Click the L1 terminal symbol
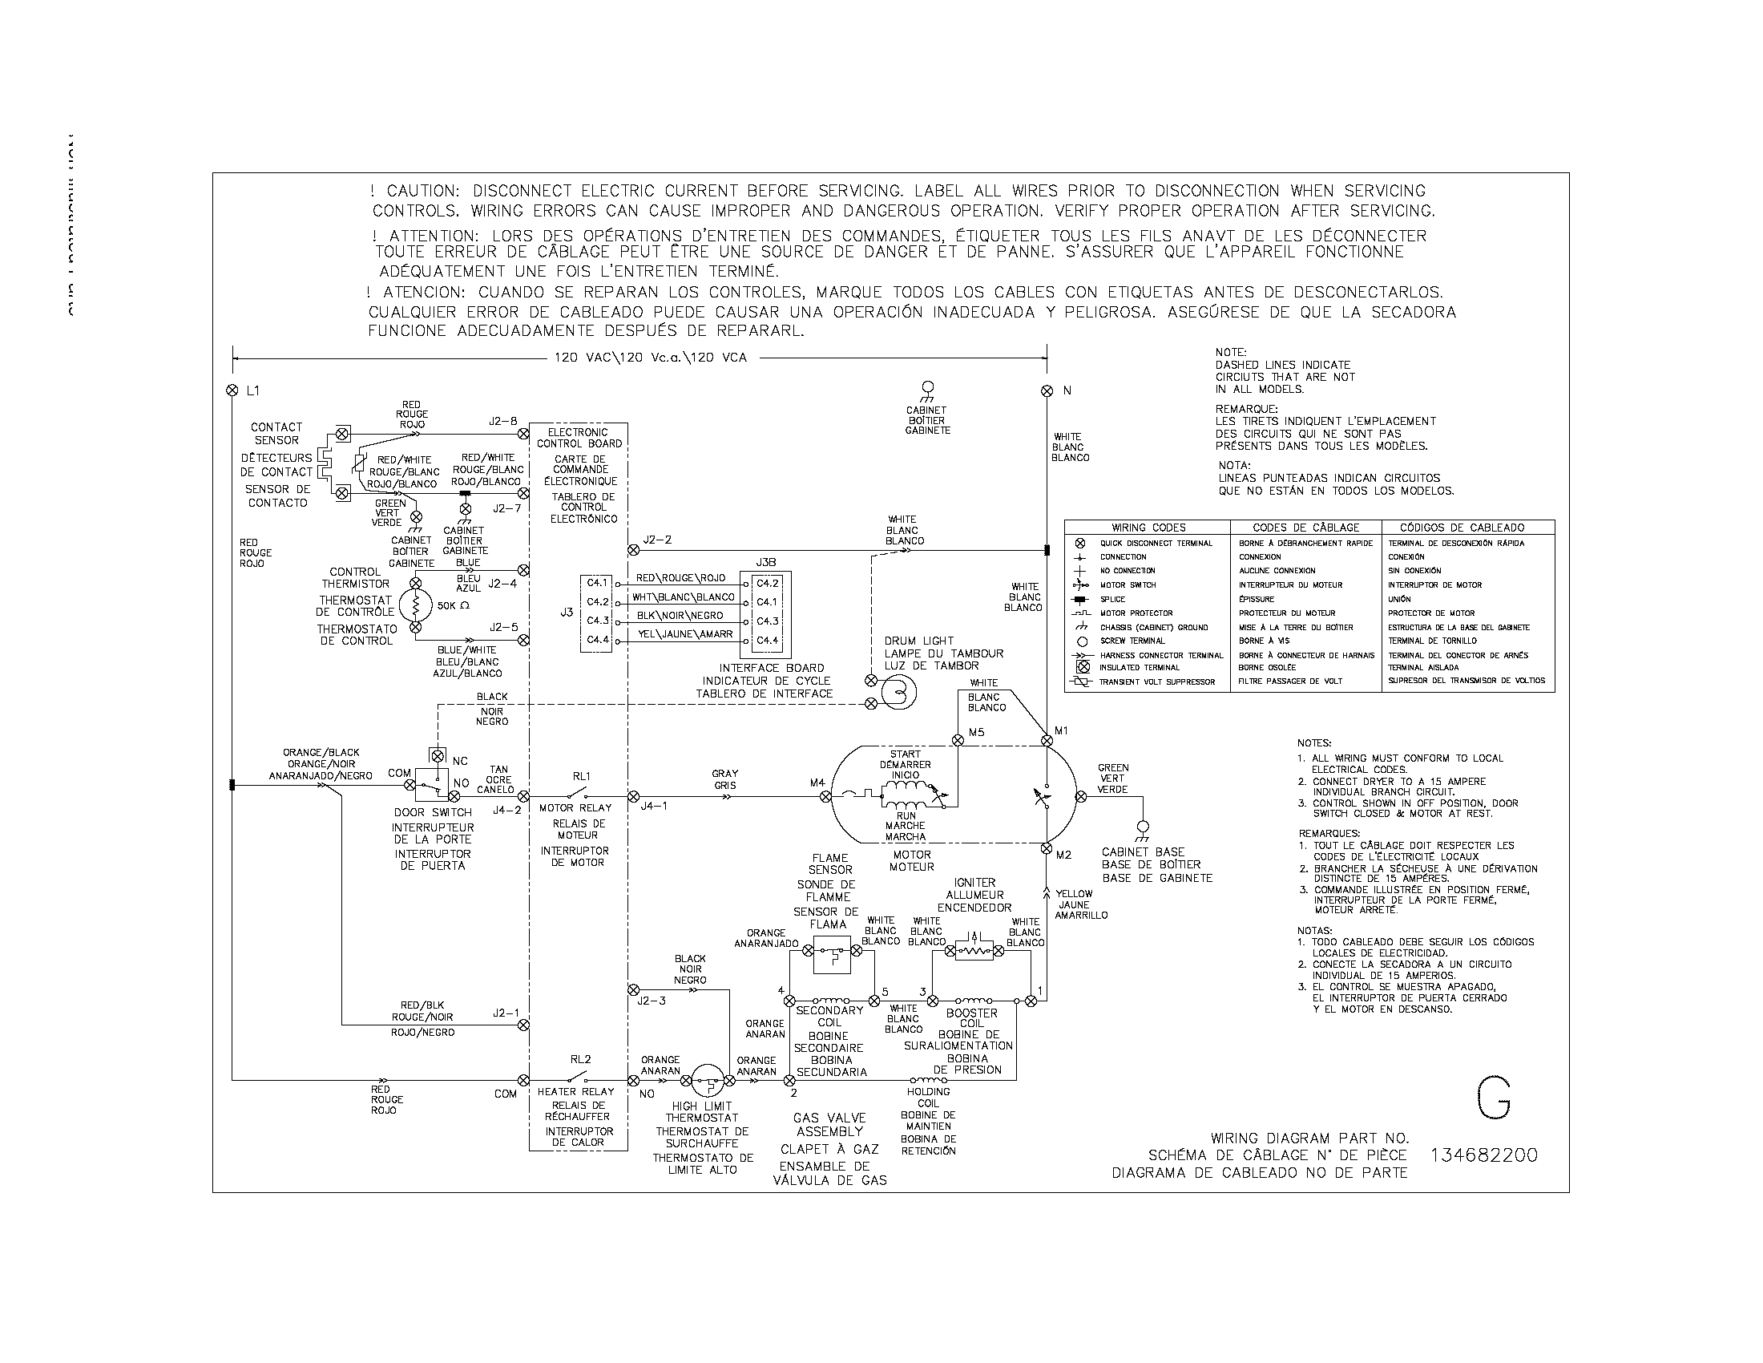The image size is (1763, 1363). point(232,390)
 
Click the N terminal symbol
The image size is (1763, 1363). point(1047,390)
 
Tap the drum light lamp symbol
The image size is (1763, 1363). point(898,691)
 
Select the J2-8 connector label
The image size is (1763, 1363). point(503,421)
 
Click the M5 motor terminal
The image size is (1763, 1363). point(958,740)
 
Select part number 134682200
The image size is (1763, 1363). point(1483,1155)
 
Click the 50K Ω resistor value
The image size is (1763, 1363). point(453,605)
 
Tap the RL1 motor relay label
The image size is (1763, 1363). point(581,776)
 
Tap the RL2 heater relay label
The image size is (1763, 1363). point(580,1059)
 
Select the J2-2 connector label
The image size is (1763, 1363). point(657,540)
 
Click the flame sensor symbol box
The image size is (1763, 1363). point(833,953)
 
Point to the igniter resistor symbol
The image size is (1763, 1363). point(974,950)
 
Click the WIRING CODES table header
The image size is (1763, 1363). point(1148,528)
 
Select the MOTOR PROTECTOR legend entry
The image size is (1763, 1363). point(1136,613)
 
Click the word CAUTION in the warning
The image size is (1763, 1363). point(423,192)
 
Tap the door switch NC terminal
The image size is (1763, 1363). point(438,757)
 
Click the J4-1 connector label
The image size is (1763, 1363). point(653,805)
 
